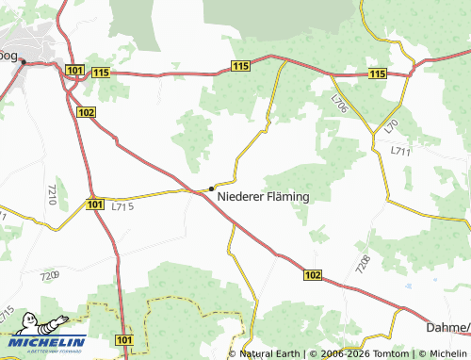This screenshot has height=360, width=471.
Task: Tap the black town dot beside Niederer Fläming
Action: coord(211,188)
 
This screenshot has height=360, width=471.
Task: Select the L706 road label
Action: coord(339,105)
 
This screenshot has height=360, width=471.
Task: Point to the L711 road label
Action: coord(401,151)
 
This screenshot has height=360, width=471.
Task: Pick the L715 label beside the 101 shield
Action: coord(122,205)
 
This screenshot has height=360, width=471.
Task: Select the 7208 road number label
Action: coord(364,264)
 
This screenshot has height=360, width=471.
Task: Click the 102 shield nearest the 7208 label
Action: coord(314,274)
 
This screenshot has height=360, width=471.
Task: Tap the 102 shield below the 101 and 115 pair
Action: coord(88,112)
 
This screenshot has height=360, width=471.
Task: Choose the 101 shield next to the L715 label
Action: coord(93,204)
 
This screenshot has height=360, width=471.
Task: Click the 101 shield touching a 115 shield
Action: coord(75,70)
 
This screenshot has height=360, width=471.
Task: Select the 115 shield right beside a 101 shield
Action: coord(102,73)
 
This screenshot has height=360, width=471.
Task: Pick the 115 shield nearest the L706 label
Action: coord(378,74)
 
